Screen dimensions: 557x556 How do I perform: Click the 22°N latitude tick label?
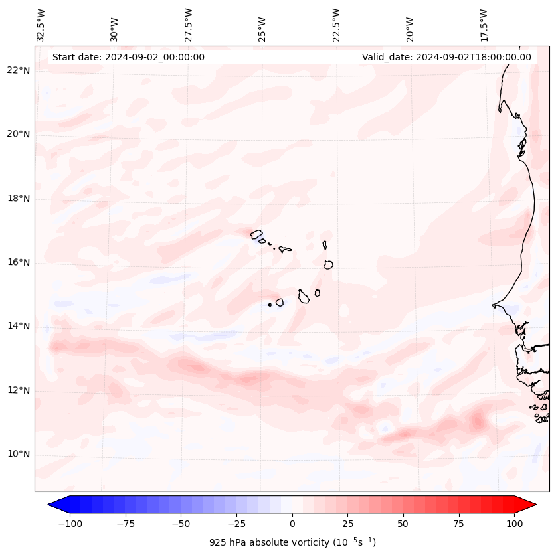(19, 70)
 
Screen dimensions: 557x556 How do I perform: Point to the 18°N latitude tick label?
(19, 199)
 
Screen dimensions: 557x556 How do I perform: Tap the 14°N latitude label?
(19, 326)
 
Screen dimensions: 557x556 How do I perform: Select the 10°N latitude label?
(19, 455)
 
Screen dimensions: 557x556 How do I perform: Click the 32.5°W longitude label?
(41, 25)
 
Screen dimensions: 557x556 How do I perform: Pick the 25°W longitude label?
(262, 25)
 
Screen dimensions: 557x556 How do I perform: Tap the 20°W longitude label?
(410, 25)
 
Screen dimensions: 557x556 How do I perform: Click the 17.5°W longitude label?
(484, 25)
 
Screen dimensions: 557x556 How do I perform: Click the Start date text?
(128, 57)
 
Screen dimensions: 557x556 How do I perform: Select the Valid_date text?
(446, 57)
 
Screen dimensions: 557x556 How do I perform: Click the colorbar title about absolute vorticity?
(292, 542)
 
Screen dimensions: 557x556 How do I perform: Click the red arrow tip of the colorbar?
(530, 505)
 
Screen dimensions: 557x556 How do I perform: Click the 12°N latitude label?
(19, 390)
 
